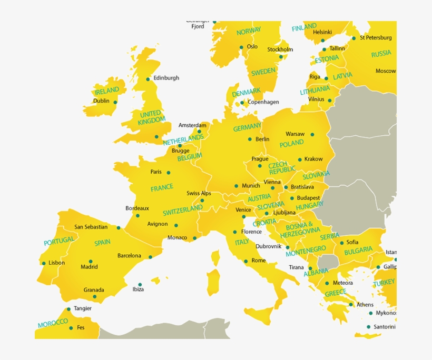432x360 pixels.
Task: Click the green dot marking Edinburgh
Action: (x=148, y=79)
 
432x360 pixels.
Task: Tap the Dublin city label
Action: (x=101, y=101)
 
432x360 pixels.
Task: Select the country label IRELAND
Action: (x=107, y=91)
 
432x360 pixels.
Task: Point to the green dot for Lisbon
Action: (x=44, y=263)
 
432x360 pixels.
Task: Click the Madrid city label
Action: (x=89, y=267)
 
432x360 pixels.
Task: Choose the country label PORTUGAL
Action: (x=59, y=242)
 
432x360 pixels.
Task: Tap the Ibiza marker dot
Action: (x=140, y=284)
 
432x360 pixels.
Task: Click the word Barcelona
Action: (x=129, y=256)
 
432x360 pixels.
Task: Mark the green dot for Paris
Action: (x=169, y=173)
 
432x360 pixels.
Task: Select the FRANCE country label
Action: (x=162, y=188)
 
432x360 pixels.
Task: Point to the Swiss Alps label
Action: (x=199, y=193)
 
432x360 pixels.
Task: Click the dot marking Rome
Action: (x=246, y=261)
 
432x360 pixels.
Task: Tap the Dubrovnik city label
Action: (x=269, y=246)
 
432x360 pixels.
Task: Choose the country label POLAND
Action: (x=291, y=143)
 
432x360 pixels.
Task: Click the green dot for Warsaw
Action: (x=312, y=134)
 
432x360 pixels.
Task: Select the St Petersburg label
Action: (x=376, y=38)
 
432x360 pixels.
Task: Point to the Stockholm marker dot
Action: (x=281, y=57)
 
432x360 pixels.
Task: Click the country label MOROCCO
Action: (x=53, y=323)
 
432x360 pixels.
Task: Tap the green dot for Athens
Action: (x=351, y=305)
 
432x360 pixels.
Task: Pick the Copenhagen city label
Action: (x=263, y=102)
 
